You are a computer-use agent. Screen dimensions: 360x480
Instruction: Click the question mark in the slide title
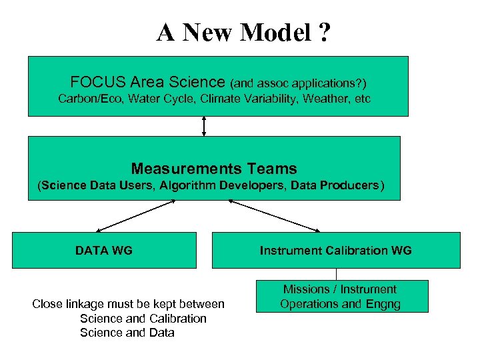pos(323,32)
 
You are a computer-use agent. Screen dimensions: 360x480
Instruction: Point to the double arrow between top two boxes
pos(204,126)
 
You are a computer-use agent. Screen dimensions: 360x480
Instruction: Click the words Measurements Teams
pos(214,169)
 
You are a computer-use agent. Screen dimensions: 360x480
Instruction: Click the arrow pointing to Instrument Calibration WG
pos(274,215)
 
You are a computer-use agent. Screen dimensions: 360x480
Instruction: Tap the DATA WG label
pos(104,251)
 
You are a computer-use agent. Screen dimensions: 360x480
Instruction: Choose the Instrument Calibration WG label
pos(335,251)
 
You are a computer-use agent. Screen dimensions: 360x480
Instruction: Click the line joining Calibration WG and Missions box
pos(336,274)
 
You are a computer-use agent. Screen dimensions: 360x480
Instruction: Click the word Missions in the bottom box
pos(307,289)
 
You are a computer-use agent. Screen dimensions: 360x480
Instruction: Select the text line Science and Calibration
pos(143,319)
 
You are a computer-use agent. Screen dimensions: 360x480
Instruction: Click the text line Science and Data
pos(127,333)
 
